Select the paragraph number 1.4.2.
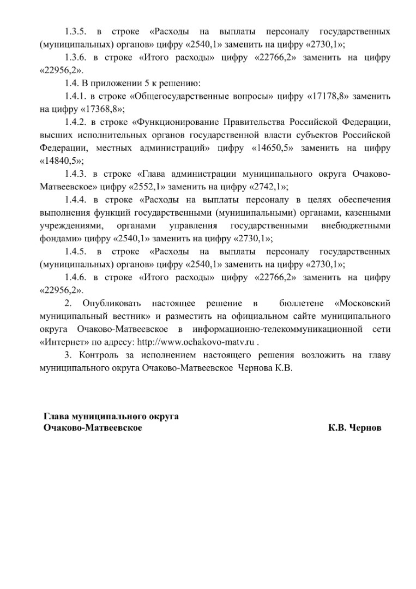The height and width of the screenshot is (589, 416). (74, 121)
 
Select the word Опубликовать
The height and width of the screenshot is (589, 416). (111, 303)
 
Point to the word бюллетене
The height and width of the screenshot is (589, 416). (301, 303)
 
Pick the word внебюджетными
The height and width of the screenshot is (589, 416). (356, 225)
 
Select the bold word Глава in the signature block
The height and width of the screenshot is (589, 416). (56, 417)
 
